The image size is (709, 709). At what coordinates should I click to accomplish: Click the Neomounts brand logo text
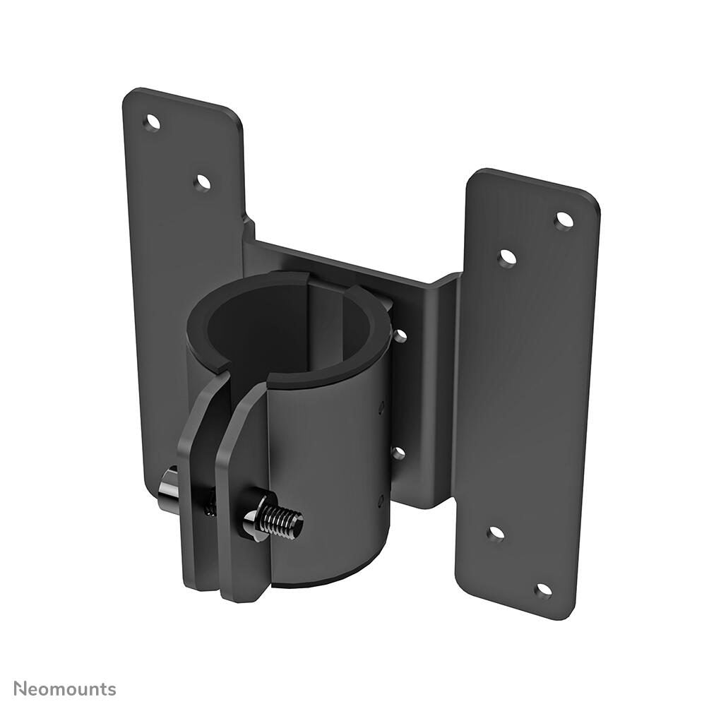pyautogui.click(x=64, y=689)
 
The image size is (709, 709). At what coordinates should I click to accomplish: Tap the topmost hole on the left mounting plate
pyautogui.click(x=152, y=123)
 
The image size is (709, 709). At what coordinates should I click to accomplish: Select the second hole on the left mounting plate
pyautogui.click(x=203, y=182)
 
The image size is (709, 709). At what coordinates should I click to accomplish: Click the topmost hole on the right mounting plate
pyautogui.click(x=564, y=221)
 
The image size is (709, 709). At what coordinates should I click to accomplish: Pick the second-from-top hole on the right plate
pyautogui.click(x=507, y=258)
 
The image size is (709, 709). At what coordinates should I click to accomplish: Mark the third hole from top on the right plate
pyautogui.click(x=496, y=534)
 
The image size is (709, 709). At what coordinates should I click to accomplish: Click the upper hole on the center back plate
pyautogui.click(x=400, y=336)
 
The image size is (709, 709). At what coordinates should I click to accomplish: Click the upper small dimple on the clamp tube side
pyautogui.click(x=381, y=408)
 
